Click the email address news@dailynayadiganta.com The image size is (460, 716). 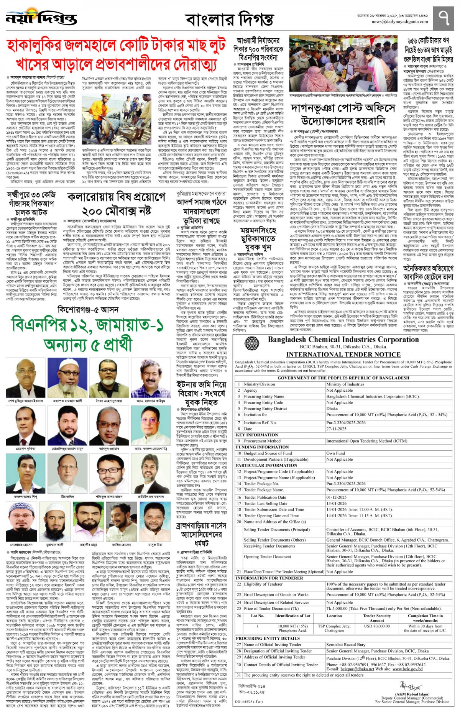399,22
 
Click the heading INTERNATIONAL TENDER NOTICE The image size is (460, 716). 343,355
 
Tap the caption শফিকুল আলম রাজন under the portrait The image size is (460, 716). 109,496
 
